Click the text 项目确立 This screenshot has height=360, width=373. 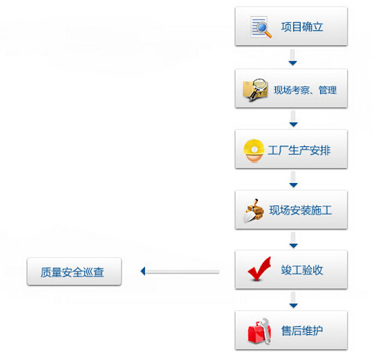302,27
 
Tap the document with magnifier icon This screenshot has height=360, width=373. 261,27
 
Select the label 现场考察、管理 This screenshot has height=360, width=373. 305,90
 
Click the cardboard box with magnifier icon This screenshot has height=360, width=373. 255,89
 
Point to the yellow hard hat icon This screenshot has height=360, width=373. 254,151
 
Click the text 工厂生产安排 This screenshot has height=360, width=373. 299,150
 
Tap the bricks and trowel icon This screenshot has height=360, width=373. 254,211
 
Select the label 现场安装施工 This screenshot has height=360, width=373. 300,210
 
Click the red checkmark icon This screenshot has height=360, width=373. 259,269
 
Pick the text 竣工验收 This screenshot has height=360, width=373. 302,270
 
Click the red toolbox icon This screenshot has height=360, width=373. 259,331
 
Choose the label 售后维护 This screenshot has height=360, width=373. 302,331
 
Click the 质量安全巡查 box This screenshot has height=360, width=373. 74,272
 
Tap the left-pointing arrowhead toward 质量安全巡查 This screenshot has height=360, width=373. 143,271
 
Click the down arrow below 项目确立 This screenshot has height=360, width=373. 293,57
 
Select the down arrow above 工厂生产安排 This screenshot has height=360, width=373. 293,118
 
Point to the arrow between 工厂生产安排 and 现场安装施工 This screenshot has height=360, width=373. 293,179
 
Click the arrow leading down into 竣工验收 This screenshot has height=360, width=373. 293,240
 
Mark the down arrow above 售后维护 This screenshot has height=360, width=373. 293,300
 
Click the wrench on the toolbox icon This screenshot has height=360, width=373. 266,330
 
